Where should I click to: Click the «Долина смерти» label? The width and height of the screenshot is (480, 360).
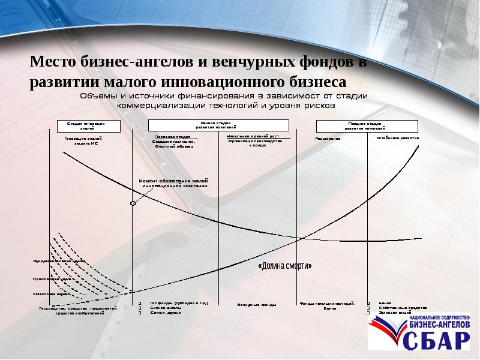pyautogui.click(x=284, y=266)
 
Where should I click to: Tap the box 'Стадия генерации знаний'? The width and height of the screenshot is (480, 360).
pyautogui.click(x=89, y=125)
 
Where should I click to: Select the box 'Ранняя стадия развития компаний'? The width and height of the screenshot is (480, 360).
pyautogui.click(x=218, y=125)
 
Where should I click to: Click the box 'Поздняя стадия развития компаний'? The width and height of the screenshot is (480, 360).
pyautogui.click(x=366, y=125)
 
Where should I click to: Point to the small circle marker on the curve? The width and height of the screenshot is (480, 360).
pyautogui.click(x=133, y=204)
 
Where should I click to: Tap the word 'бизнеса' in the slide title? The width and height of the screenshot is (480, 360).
pyautogui.click(x=315, y=81)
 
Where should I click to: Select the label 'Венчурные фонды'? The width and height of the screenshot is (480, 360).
pyautogui.click(x=256, y=305)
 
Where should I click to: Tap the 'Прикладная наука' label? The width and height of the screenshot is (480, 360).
pyautogui.click(x=54, y=279)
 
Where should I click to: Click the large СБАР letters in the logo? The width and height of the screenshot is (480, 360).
pyautogui.click(x=436, y=340)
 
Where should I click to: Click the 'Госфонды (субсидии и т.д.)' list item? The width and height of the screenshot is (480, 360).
pyautogui.click(x=179, y=304)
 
